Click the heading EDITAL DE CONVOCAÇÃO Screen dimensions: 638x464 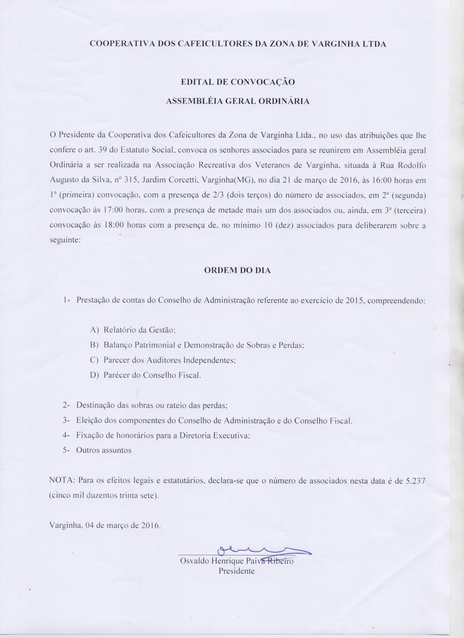[238, 82]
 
